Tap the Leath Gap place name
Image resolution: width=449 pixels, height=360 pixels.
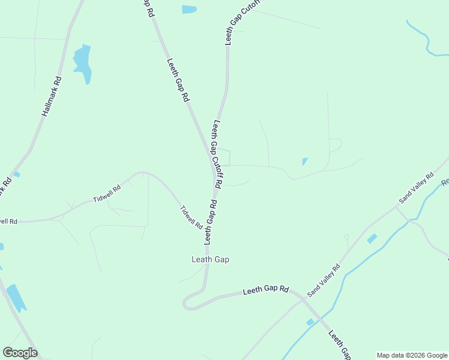click(210, 260)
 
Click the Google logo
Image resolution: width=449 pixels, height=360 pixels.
click(20, 353)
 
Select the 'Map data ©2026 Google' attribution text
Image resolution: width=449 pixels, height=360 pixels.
click(412, 355)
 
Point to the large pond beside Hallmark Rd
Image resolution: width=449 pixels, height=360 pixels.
click(83, 63)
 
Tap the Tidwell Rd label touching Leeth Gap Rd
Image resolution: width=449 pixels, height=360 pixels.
click(191, 217)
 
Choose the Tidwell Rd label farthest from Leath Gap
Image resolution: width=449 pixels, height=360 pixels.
click(107, 193)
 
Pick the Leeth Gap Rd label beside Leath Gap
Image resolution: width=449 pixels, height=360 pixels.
click(210, 223)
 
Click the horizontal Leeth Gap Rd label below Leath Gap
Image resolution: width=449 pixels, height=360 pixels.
click(266, 290)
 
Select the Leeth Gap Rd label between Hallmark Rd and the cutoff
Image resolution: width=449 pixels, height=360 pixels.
click(178, 79)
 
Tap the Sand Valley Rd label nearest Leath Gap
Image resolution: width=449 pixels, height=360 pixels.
click(324, 280)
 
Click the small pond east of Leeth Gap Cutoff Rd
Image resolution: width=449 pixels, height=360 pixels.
click(305, 161)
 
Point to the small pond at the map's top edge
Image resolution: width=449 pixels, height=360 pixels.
click(189, 9)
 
